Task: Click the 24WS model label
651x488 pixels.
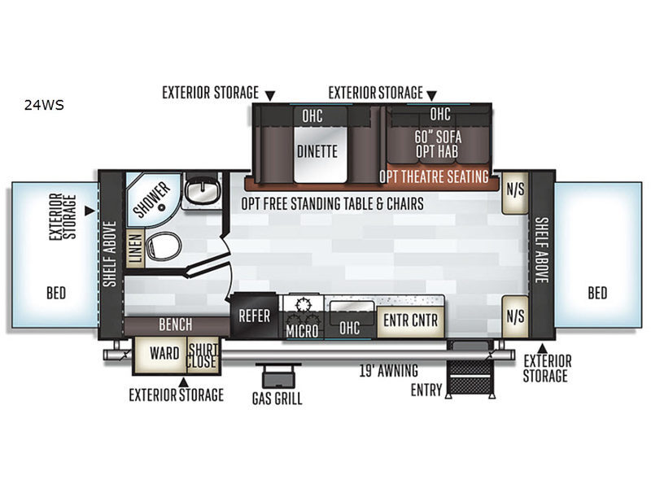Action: [x=44, y=105]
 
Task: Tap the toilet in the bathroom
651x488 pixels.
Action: [x=164, y=246]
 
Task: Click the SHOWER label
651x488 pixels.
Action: [x=151, y=199]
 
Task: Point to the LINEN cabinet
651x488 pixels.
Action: [x=135, y=247]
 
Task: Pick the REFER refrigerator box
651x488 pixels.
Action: [x=254, y=316]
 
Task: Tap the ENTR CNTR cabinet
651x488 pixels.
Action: [x=411, y=320]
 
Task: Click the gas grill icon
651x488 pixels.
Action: [x=278, y=375]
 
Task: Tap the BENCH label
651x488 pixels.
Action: [x=176, y=325]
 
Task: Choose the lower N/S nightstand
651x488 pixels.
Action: [x=515, y=316]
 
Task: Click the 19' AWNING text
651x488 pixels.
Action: [x=389, y=371]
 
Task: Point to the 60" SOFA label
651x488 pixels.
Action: [x=438, y=137]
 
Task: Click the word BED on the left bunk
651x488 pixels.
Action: [x=56, y=293]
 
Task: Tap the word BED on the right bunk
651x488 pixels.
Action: [x=597, y=293]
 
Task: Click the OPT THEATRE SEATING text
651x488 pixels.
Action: [x=434, y=176]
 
